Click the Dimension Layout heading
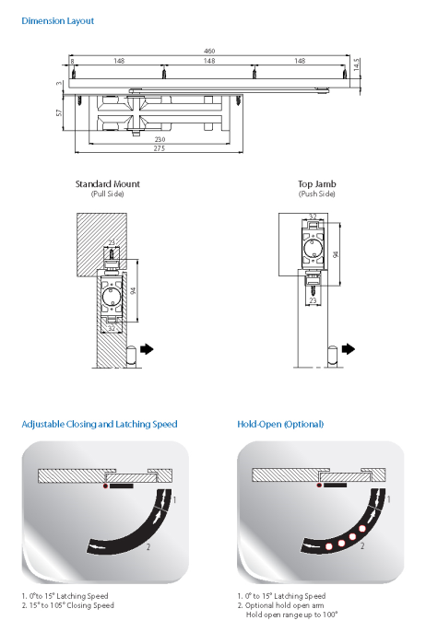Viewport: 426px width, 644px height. pyautogui.click(x=57, y=21)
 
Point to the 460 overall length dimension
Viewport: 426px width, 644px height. pyautogui.click(x=209, y=51)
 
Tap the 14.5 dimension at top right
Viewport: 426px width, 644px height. pyautogui.click(x=356, y=64)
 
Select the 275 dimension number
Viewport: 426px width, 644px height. pyautogui.click(x=160, y=148)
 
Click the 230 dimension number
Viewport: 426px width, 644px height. pyautogui.click(x=160, y=140)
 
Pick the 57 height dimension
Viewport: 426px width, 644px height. pyautogui.click(x=59, y=112)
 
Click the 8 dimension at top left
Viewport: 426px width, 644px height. pyautogui.click(x=72, y=61)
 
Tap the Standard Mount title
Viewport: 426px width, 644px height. pyautogui.click(x=107, y=184)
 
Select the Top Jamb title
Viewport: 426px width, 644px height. pyautogui.click(x=317, y=184)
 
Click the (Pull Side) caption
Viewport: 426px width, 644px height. pyautogui.click(x=107, y=193)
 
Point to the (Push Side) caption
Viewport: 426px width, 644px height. pyautogui.click(x=317, y=193)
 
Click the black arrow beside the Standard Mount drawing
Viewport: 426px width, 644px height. pyautogui.click(x=147, y=349)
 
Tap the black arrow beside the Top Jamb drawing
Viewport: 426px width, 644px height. pyautogui.click(x=349, y=349)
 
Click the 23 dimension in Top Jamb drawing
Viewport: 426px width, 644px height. pyautogui.click(x=313, y=300)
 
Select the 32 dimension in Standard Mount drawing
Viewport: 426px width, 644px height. pyautogui.click(x=112, y=329)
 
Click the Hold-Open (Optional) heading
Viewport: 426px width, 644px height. pyautogui.click(x=280, y=425)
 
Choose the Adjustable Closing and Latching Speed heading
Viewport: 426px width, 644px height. pyautogui.click(x=100, y=425)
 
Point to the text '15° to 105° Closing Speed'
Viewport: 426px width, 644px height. pyautogui.click(x=72, y=605)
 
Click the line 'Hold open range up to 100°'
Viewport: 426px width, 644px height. pyautogui.click(x=292, y=615)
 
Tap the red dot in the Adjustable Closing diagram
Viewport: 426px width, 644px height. pyautogui.click(x=106, y=486)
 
